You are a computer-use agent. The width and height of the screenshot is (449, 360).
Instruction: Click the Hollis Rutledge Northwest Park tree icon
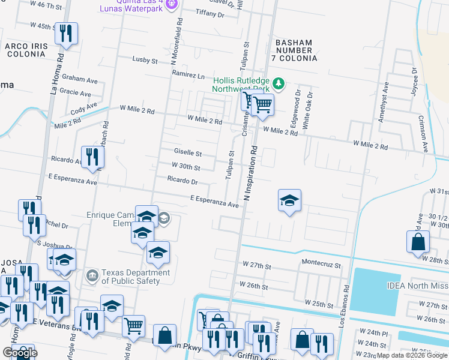tap(278, 82)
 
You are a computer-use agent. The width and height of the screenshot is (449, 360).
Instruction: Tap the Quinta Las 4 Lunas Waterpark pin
tap(172, 5)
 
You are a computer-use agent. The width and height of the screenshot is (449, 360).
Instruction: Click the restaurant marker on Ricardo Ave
tap(92, 157)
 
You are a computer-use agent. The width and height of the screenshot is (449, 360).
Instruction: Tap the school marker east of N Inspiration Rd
tap(289, 201)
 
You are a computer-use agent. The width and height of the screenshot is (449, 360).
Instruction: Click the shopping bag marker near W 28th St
tap(418, 242)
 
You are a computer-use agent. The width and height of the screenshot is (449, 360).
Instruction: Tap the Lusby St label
tap(145, 61)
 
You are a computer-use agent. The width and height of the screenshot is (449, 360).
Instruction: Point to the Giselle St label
tap(187, 154)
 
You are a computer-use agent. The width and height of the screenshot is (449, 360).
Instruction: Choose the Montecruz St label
tap(321, 265)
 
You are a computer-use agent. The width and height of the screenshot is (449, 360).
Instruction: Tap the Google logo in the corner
tap(19, 352)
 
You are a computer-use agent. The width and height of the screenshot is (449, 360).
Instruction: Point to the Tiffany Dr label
tap(209, 14)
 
